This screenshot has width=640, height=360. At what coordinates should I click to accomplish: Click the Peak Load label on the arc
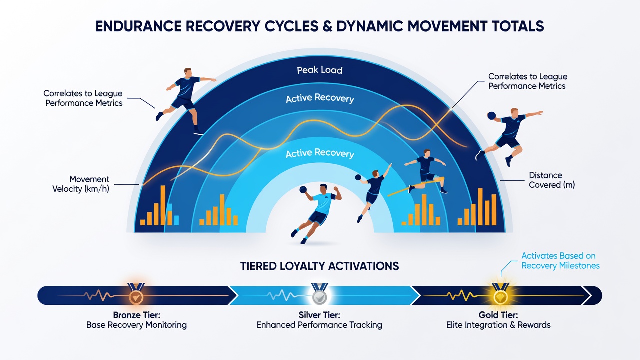[319, 70]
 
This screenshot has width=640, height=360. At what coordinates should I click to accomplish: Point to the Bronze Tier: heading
[137, 315]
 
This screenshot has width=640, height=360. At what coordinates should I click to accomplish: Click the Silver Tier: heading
[319, 315]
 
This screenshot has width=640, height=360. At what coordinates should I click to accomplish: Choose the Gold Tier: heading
[498, 315]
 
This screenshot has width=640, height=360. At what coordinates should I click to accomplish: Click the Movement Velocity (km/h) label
[81, 184]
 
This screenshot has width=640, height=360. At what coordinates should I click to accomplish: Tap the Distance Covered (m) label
[551, 180]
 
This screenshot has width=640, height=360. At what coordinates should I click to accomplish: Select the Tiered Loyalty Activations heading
[319, 266]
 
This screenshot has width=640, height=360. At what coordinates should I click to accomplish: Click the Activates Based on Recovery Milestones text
[560, 261]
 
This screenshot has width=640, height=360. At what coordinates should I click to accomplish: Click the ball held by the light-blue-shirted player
[303, 190]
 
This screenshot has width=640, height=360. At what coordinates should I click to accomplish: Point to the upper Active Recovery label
[320, 98]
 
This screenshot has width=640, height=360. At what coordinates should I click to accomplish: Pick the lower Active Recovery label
[320, 153]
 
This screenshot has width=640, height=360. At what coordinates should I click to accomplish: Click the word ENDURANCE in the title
[138, 26]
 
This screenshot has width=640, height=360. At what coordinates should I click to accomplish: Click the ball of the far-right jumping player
[491, 115]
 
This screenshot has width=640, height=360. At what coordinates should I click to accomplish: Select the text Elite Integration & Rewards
[498, 325]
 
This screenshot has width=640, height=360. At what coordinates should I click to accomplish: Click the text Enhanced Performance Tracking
[319, 325]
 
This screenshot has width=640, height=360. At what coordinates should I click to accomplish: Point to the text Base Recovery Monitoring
[136, 325]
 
